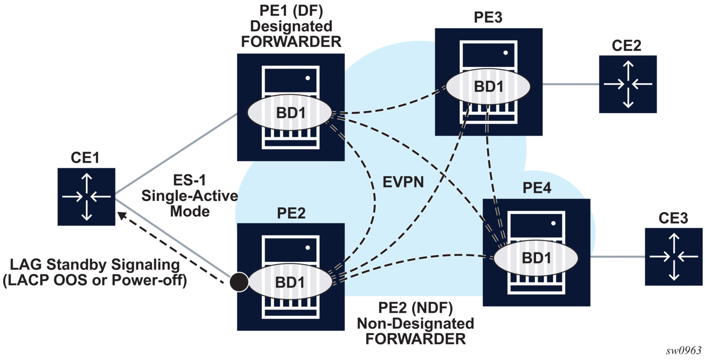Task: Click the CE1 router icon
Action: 87,197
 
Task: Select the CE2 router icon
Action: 628,84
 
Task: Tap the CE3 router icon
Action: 673,257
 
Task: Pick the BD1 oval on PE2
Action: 290,282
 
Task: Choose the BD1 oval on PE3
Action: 488,87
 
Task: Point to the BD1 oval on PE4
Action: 536,257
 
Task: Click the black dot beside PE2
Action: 239,281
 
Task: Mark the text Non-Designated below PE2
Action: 415,324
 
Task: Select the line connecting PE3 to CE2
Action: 571,85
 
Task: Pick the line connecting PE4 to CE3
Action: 618,257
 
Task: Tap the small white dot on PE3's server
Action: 506,53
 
